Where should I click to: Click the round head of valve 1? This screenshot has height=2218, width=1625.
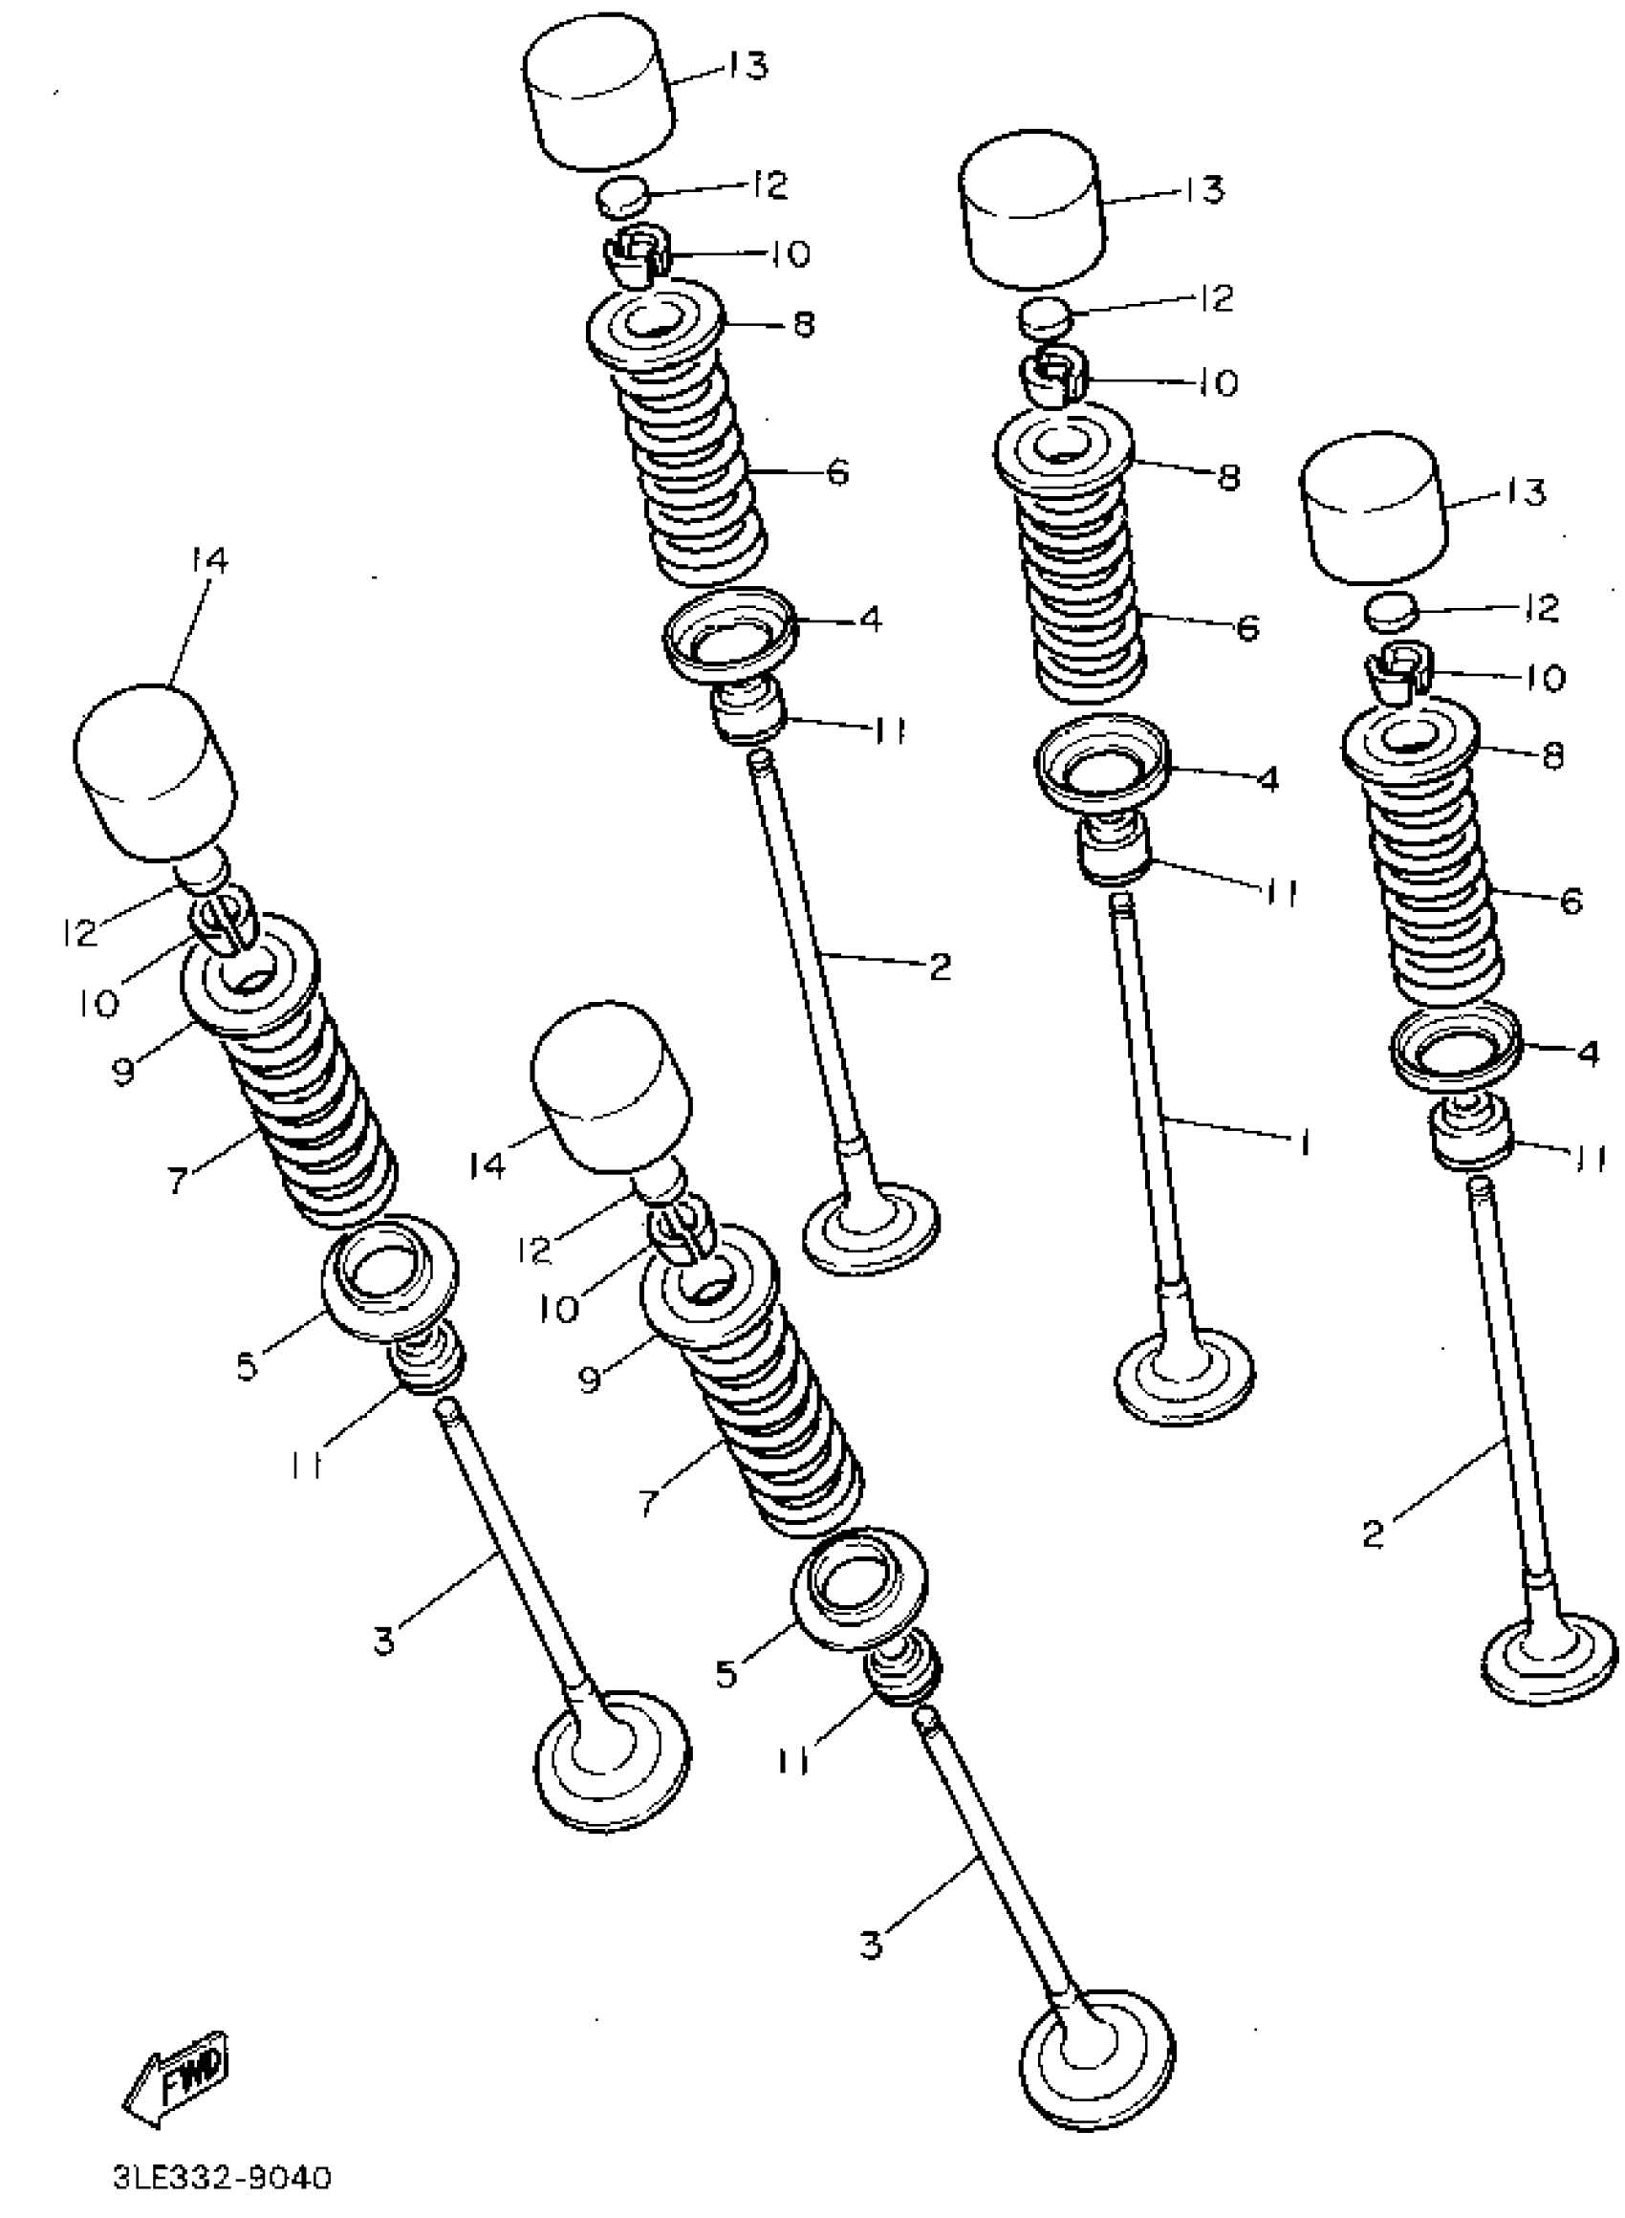point(1185,1376)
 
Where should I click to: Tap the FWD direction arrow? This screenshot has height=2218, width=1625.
point(177,2075)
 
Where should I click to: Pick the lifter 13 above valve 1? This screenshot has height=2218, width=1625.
point(1030,211)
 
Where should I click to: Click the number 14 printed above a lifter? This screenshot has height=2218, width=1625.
point(208,561)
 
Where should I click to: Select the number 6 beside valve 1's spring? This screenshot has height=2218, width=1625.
point(1247,626)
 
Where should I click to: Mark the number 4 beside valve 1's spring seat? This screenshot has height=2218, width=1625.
point(1267,779)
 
